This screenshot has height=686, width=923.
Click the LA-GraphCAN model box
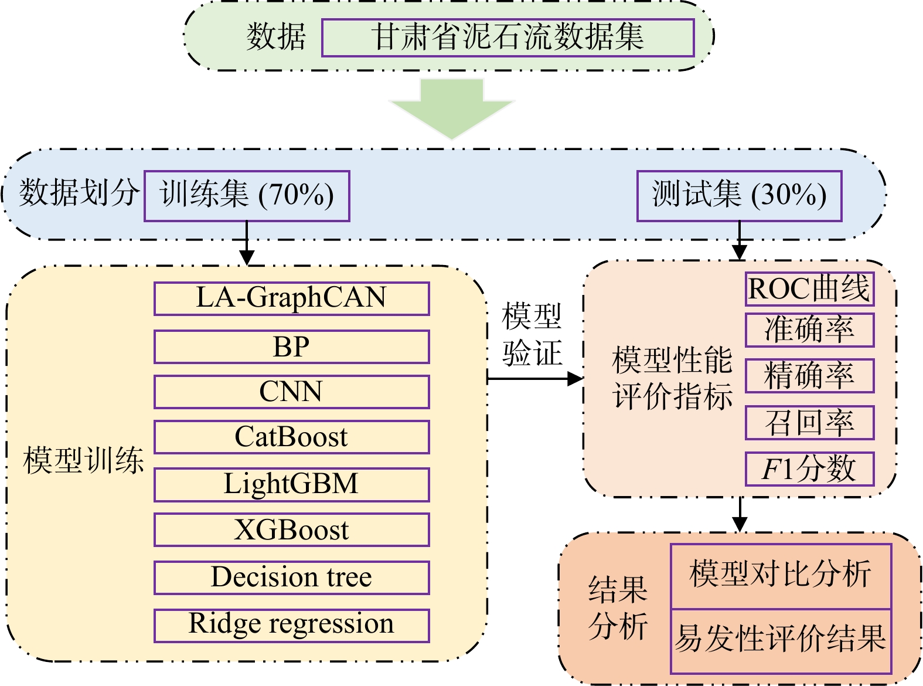pos(291,298)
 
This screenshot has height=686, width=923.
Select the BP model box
pos(291,347)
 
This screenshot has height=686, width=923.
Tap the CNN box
pos(291,392)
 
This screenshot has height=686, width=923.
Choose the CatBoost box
pos(291,437)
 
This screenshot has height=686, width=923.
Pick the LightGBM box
pos(291,484)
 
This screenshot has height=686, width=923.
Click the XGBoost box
pos(291,529)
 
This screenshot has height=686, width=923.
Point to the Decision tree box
pos(291,578)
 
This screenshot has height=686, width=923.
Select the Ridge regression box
pos(291,625)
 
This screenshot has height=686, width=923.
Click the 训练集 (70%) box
pos(247,196)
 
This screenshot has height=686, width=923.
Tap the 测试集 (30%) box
pos(739,196)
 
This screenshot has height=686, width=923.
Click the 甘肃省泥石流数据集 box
pos(508,38)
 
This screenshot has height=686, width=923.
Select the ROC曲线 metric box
pos(809,288)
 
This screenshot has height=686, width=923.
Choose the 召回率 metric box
pos(809,422)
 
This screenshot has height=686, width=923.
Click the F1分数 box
pos(809,468)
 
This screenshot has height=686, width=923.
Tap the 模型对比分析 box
pos(781,575)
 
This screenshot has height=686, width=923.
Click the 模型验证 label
pos(532,335)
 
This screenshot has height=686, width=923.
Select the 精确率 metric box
pos(809,375)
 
